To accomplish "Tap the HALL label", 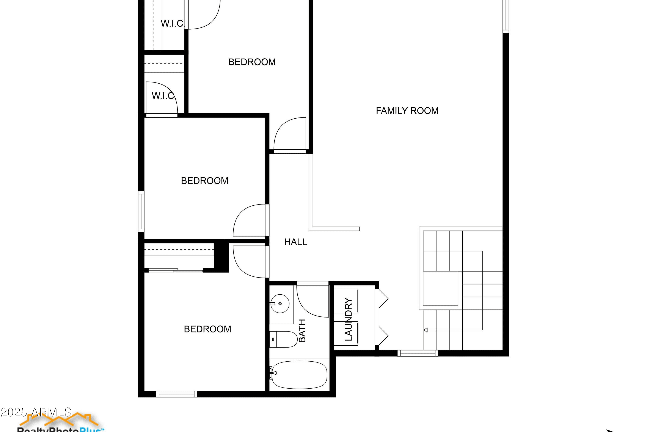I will pos(295,242).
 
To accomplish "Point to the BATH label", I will pos(302,331).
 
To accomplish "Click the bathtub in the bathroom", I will pos(299,375).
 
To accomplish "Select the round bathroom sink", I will pos(280,304).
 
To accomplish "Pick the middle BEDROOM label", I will pos(204,181).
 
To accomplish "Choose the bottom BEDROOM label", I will pos(207,329).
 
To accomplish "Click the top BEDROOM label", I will pos(252,62).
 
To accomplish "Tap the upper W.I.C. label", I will pos(173,24).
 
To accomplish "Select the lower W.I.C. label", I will pos(164,96).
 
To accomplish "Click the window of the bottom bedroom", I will pos(177,394).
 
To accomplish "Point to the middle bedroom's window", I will pos(141,211).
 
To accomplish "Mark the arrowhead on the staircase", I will pos(425,330).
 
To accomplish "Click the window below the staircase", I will pos(418,353).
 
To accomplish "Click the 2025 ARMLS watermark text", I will pos(36,412).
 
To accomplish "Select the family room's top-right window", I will pos(506,17).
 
